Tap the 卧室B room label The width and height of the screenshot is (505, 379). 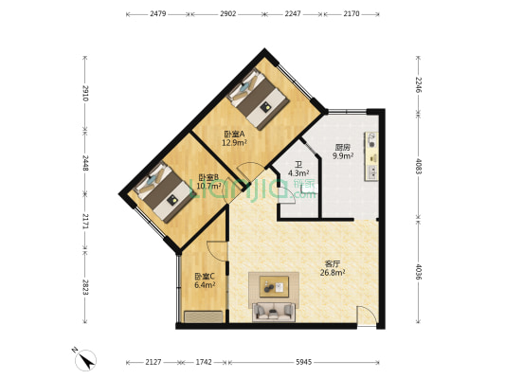(x=208, y=177)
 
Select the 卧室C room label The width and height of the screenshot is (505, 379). (x=205, y=277)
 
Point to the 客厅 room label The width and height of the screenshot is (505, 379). (x=333, y=264)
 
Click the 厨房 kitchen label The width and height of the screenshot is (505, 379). (x=343, y=148)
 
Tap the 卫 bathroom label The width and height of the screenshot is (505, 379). (x=298, y=165)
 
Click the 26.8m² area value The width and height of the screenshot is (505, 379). (x=333, y=273)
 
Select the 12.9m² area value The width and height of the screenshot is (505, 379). (x=234, y=142)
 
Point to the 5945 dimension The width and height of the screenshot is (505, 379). (x=304, y=362)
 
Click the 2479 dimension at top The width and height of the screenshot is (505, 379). (x=158, y=14)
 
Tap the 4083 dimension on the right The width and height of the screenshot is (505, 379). (x=419, y=166)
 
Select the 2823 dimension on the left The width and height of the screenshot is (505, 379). (x=85, y=287)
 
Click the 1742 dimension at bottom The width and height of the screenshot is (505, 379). (x=204, y=362)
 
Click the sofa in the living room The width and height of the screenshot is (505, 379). (x=274, y=312)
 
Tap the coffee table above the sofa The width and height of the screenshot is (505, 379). (x=274, y=286)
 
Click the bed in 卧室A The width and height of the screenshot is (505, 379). (x=259, y=99)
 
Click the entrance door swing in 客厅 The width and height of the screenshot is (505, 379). (x=367, y=316)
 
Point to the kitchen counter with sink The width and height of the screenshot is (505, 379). (x=371, y=156)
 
